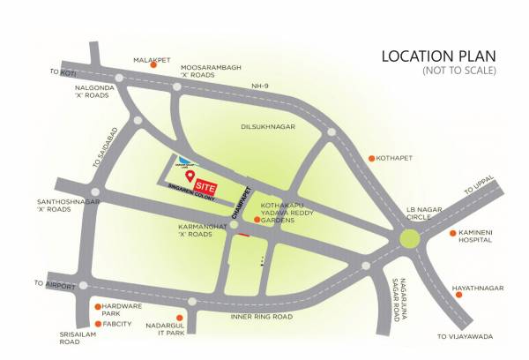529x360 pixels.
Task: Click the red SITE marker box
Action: pos(205,187)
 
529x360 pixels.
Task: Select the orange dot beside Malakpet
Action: pos(154,64)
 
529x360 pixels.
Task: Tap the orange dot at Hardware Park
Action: pos(97,307)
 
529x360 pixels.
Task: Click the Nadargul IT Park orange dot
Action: pos(191,304)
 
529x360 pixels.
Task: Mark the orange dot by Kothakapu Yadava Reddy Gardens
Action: pos(257,219)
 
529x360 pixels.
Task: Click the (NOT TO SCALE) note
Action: pos(459,70)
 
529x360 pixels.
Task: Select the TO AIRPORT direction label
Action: pos(51,283)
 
